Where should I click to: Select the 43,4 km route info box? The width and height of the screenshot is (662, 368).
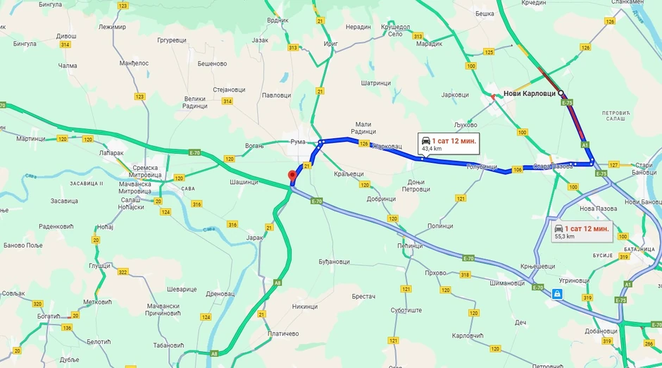449,143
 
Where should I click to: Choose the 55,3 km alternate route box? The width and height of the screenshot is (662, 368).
582,232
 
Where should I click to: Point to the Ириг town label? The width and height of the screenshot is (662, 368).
330,44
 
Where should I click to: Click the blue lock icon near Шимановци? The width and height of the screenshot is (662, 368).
557,293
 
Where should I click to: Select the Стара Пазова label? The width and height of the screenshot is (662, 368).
551,166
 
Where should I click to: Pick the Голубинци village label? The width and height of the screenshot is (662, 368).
482,167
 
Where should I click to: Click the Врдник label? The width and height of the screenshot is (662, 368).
278,20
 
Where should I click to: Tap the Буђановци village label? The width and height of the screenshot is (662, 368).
334,262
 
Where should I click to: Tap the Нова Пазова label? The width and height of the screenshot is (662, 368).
597,209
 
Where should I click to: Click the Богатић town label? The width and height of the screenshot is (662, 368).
49,317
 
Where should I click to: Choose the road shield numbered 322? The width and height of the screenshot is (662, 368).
123,272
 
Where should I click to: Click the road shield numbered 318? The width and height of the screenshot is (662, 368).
466,275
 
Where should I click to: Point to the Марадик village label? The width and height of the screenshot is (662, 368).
430,44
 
